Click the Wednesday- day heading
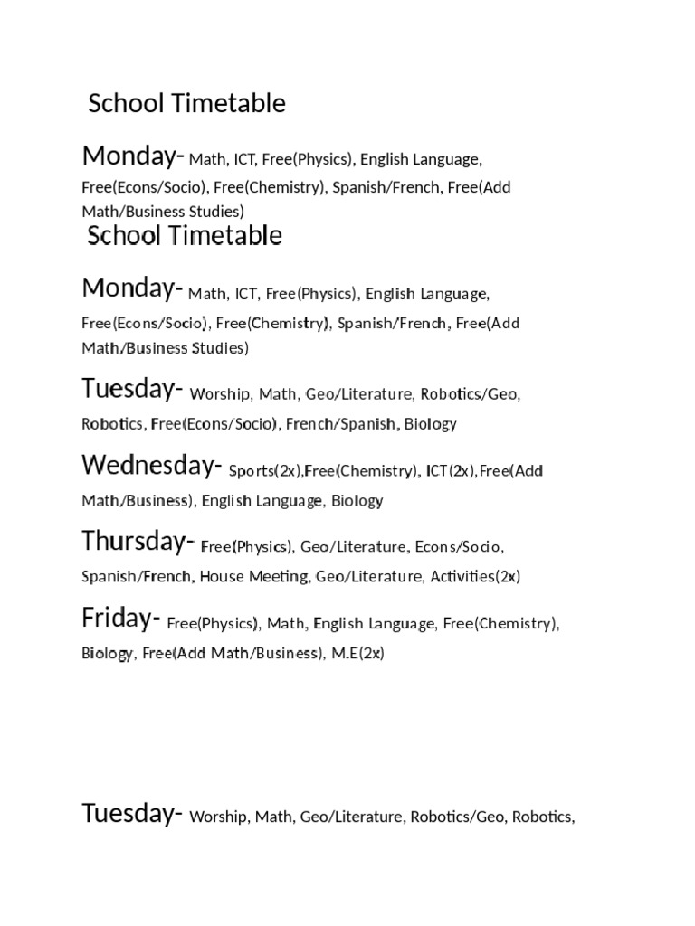pyautogui.click(x=151, y=466)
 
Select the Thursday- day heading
pyautogui.click(x=138, y=543)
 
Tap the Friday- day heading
pyautogui.click(x=121, y=619)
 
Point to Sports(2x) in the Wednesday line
pyautogui.click(x=265, y=471)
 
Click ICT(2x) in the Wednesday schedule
pyautogui.click(x=451, y=471)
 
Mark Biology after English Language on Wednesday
pyautogui.click(x=357, y=500)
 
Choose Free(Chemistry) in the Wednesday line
pyautogui.click(x=362, y=471)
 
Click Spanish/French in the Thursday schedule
pyautogui.click(x=136, y=576)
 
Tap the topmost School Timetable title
pyautogui.click(x=186, y=104)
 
